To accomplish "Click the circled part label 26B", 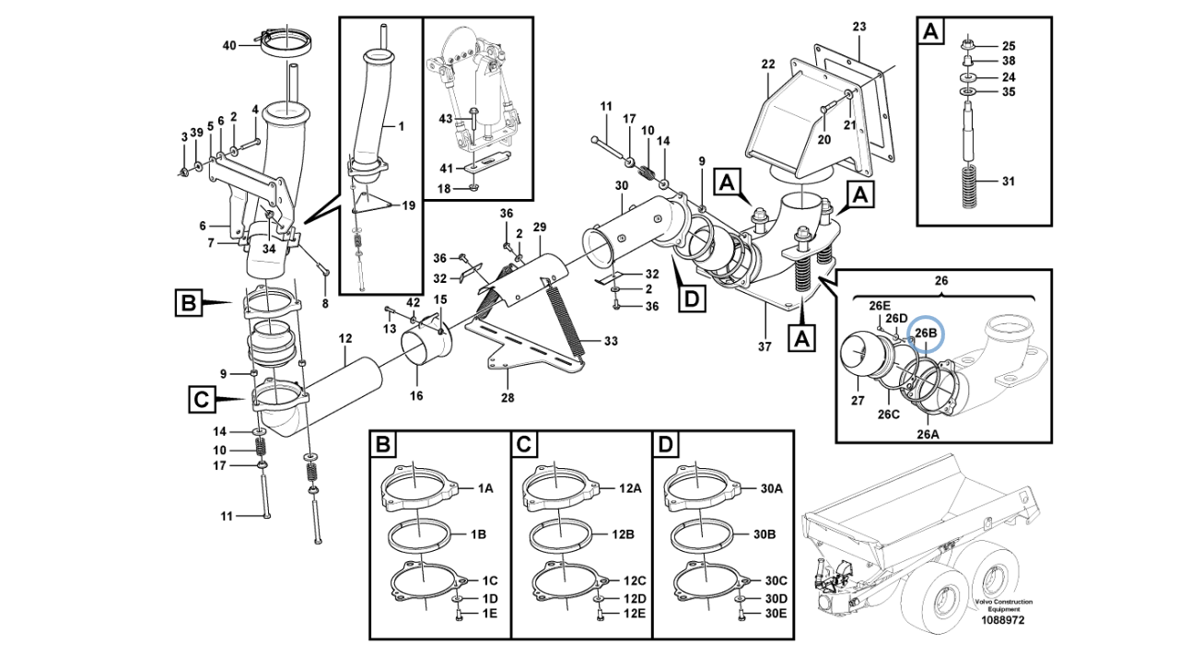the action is pos(926,334).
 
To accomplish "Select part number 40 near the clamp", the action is pos(229,46).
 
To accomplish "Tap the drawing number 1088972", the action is pos(1003,620).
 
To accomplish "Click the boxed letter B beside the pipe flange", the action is pos(189,303).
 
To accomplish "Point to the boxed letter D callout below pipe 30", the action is pos(692,299).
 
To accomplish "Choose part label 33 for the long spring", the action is pos(611,341).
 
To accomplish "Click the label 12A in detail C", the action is pos(630,488).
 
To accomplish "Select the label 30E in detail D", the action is pos(776,614).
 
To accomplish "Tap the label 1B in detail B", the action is pos(478,534).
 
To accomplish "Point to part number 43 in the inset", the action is pos(446,119).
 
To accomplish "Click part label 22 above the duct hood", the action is pos(768,64).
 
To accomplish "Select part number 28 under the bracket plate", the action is pos(508,397).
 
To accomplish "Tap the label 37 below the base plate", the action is pos(765,346).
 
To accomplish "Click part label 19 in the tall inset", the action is pos(408,205).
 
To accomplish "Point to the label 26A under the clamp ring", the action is pos(928,433).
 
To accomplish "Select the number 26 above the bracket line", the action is pos(941,281).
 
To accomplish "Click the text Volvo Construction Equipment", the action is pos(1003,605).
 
